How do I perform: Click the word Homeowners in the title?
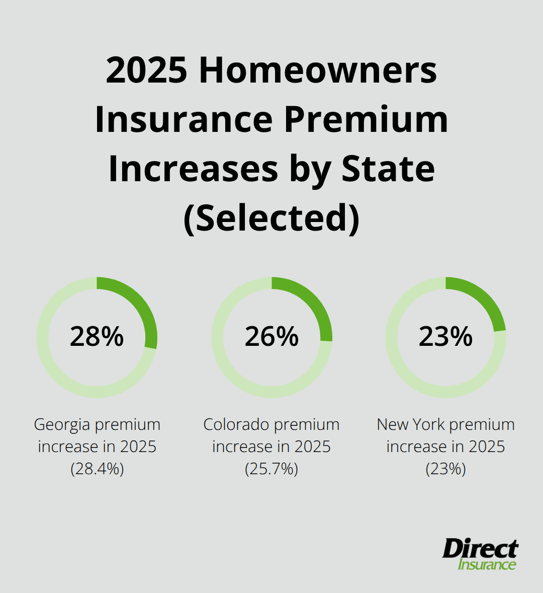[x=318, y=71]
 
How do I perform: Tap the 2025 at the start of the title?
[x=146, y=71]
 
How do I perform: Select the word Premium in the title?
[x=366, y=120]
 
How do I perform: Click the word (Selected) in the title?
[x=271, y=218]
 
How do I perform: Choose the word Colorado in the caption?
[x=236, y=424]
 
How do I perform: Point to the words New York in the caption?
[x=410, y=424]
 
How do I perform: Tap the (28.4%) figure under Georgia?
[x=97, y=469]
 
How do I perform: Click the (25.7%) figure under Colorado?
[x=271, y=469]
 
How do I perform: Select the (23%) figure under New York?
[x=446, y=469]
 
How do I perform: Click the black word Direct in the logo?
[x=480, y=548]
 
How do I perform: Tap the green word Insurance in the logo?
[x=487, y=564]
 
